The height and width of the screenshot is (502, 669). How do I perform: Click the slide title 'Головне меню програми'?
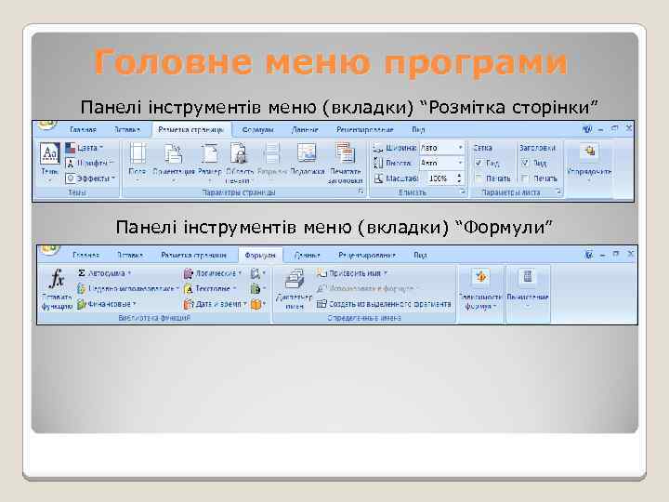point(330,62)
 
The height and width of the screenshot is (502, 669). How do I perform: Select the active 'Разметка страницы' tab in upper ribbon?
point(192,130)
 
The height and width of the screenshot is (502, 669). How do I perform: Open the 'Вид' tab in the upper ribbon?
point(419,130)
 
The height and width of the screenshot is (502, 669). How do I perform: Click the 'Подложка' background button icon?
point(307,154)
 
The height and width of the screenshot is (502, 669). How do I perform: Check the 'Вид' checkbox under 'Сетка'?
point(479,163)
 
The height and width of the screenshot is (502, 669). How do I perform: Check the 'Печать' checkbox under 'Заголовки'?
point(528,178)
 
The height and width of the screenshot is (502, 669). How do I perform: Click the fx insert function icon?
point(57,279)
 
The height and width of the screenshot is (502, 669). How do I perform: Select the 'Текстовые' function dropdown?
point(213,288)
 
